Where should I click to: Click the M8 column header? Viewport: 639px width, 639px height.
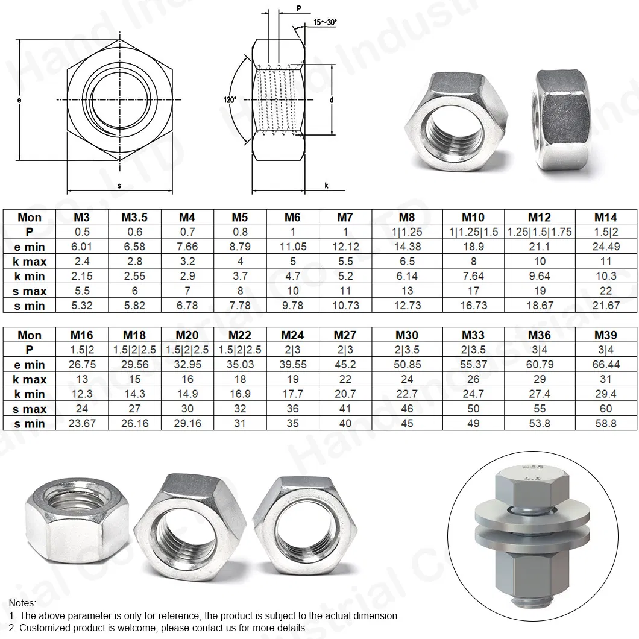pos(407,217)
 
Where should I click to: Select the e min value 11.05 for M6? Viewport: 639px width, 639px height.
pos(293,247)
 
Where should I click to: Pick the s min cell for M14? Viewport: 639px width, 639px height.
pos(605,306)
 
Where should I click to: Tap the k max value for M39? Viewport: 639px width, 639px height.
pos(605,379)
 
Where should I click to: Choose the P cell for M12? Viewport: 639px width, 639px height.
pos(540,232)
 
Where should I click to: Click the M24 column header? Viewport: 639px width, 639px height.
pos(293,335)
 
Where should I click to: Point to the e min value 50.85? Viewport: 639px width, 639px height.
pos(407,365)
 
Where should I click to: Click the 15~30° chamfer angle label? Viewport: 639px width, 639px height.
pos(325,22)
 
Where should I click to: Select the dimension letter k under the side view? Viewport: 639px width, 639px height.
pos(326,186)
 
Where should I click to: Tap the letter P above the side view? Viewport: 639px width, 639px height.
pos(299,8)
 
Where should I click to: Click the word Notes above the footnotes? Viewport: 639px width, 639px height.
pos(22,603)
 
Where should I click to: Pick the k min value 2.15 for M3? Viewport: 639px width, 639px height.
pos(82,276)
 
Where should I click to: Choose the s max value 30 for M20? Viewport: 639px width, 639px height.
pos(187,409)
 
